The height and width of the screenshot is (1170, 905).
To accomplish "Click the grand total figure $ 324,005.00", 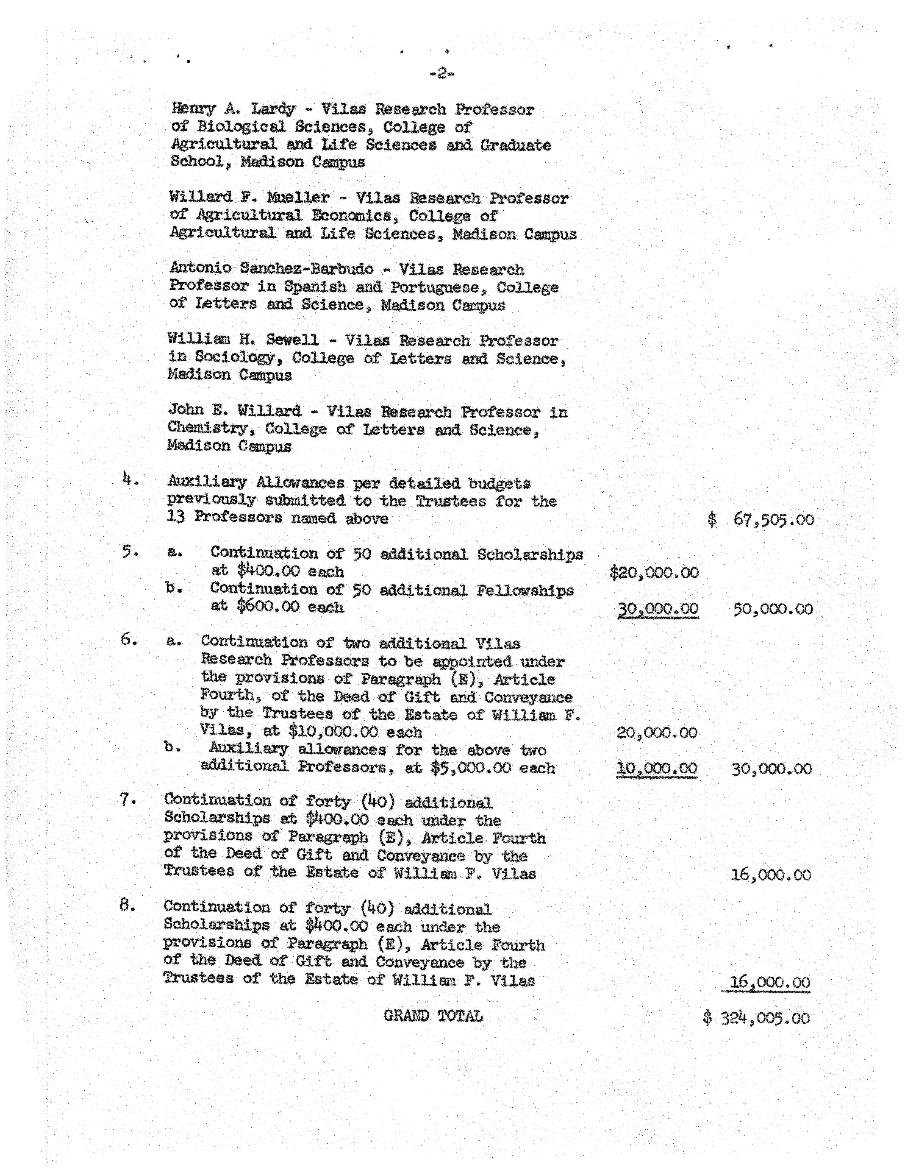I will tap(756, 1018).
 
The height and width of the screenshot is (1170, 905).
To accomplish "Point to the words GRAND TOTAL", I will tap(433, 1016).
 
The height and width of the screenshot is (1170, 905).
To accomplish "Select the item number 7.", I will tap(126, 800).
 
